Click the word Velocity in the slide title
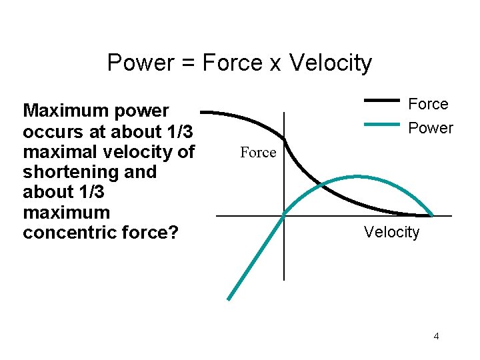coord(331,63)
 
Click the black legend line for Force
coord(382,101)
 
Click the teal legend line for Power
coord(382,124)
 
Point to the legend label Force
coord(428,104)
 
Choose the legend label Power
coord(430,127)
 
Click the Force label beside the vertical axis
coord(258,153)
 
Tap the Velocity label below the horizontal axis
coord(391,232)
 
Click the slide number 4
coord(436,336)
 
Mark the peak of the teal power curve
coord(357,177)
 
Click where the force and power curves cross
coord(321,183)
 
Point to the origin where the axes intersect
coord(284,215)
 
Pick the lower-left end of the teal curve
coord(229,299)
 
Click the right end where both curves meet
coord(431,215)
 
